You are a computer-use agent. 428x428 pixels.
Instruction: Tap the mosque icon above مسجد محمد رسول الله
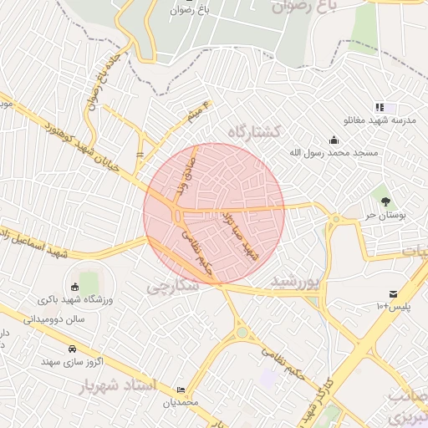(x=334, y=140)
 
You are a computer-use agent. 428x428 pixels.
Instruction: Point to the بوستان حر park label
(x=385, y=215)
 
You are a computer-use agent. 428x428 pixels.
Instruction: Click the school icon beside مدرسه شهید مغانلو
(x=380, y=108)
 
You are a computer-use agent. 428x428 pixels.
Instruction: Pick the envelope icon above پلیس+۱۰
(x=393, y=293)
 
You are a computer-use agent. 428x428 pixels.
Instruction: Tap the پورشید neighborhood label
(x=296, y=283)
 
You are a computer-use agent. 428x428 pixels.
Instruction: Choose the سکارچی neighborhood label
(x=172, y=287)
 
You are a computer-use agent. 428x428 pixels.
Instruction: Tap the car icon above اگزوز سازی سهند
(x=71, y=349)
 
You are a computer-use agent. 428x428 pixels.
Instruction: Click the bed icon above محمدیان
(x=182, y=390)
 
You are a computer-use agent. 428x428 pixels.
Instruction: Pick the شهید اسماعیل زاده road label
(x=33, y=242)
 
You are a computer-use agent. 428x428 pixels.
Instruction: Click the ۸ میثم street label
(x=197, y=112)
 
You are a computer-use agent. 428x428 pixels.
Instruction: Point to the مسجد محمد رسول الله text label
(x=334, y=153)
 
